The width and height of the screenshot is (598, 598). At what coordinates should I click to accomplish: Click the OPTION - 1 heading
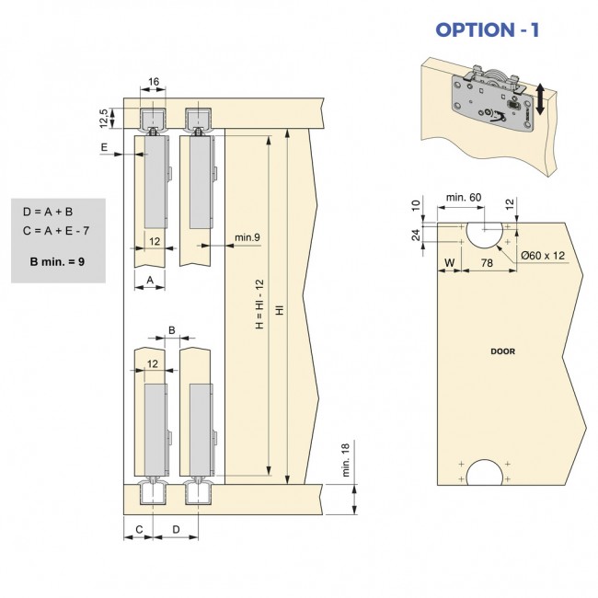click(x=487, y=29)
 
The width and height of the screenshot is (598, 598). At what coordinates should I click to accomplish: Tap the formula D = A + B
click(x=48, y=212)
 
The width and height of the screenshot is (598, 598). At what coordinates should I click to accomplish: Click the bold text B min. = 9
click(x=57, y=262)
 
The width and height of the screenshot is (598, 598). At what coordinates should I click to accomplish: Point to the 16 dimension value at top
click(x=154, y=82)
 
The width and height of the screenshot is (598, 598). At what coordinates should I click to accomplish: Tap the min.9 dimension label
click(x=246, y=238)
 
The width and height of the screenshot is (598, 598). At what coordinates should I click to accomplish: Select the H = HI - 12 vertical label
click(x=260, y=305)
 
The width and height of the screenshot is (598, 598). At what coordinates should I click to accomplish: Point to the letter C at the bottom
click(x=138, y=529)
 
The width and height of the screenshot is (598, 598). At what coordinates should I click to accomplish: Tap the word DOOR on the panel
click(x=503, y=351)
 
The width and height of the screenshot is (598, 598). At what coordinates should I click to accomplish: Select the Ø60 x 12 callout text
click(x=542, y=255)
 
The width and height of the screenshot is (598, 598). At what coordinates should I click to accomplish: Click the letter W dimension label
click(x=448, y=264)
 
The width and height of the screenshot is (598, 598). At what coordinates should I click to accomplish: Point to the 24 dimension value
click(x=416, y=235)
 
